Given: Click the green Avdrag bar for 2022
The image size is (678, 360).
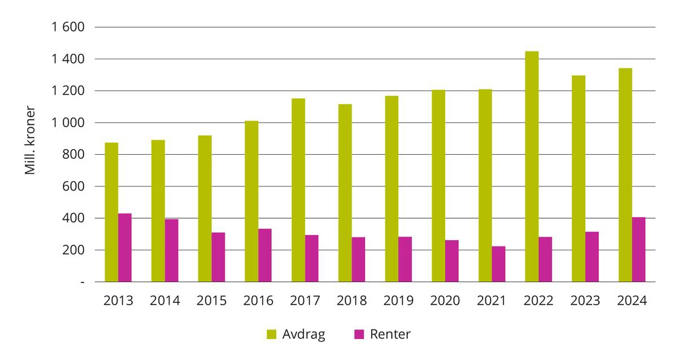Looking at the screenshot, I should click(532, 167).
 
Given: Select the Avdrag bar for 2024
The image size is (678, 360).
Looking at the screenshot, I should click(625, 175).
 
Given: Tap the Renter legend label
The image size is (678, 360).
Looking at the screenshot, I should click(390, 334).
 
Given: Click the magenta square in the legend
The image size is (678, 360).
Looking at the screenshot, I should click(359, 335).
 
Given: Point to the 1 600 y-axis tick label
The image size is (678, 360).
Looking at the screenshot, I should click(68, 27).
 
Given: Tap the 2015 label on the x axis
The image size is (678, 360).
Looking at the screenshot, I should click(212, 301).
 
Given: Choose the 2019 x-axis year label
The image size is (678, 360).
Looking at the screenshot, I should click(398, 301).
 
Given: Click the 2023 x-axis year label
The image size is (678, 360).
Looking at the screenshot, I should click(585, 301).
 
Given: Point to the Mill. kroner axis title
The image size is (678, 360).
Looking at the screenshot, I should click(31, 140).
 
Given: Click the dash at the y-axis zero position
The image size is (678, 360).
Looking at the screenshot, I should click(82, 282).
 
